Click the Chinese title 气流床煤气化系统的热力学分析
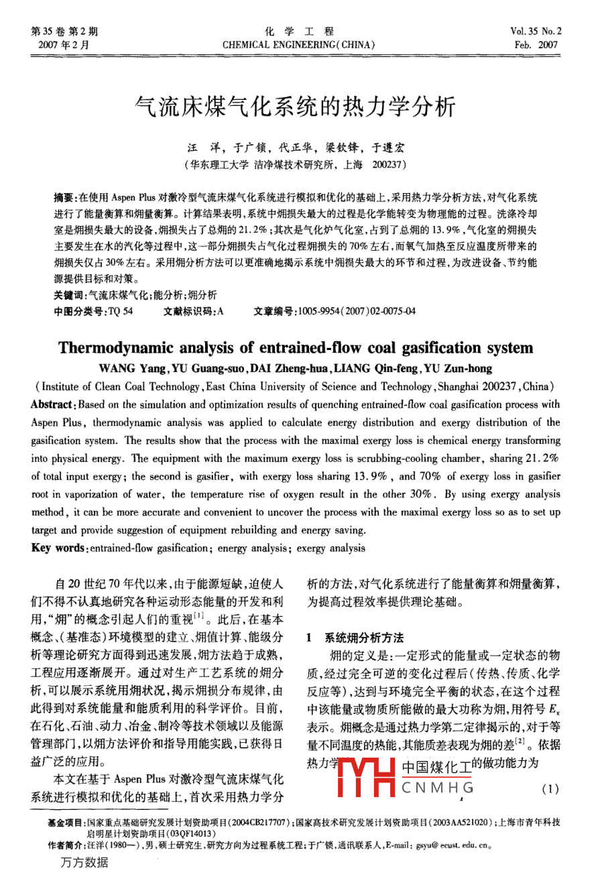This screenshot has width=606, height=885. click(x=295, y=107)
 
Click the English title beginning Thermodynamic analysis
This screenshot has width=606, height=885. click(x=296, y=348)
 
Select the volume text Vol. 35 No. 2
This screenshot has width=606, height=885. click(x=536, y=32)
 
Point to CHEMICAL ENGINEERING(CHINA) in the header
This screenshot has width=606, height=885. click(x=298, y=45)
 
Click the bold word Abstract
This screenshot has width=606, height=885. click(x=51, y=404)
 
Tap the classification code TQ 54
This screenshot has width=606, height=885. click(x=121, y=311)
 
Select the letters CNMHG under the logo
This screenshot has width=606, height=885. click(x=437, y=787)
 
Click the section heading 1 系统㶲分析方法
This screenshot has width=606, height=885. click(x=355, y=638)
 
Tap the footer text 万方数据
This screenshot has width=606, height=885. click(x=84, y=862)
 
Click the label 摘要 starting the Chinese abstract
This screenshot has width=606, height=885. click(x=65, y=198)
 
